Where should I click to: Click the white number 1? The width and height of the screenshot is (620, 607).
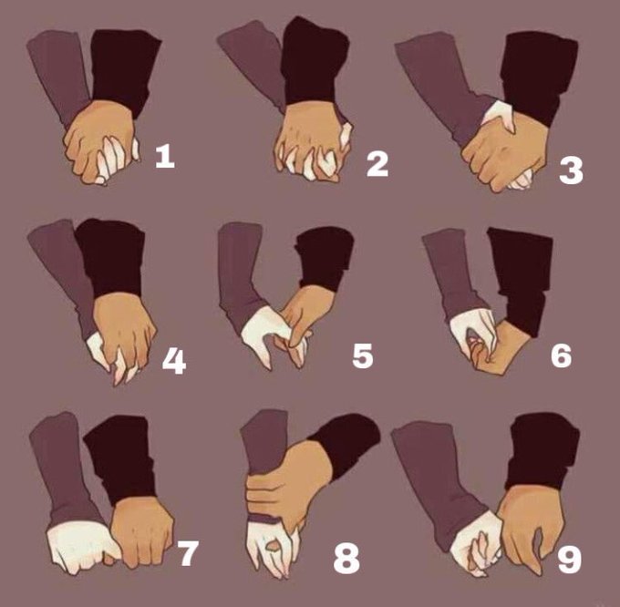[x=165, y=156]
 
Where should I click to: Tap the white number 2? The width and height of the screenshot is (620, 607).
[x=377, y=164]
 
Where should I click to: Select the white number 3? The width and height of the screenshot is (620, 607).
[x=571, y=170]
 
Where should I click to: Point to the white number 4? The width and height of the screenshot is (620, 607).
[x=174, y=362]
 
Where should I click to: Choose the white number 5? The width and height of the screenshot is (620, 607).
[x=363, y=355]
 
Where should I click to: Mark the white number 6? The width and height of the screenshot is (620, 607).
[x=562, y=355]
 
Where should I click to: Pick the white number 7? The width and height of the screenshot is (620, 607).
[x=188, y=553]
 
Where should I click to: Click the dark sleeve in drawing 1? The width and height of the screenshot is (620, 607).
[x=123, y=71]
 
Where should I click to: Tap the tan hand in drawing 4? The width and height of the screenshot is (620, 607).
[x=123, y=328]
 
